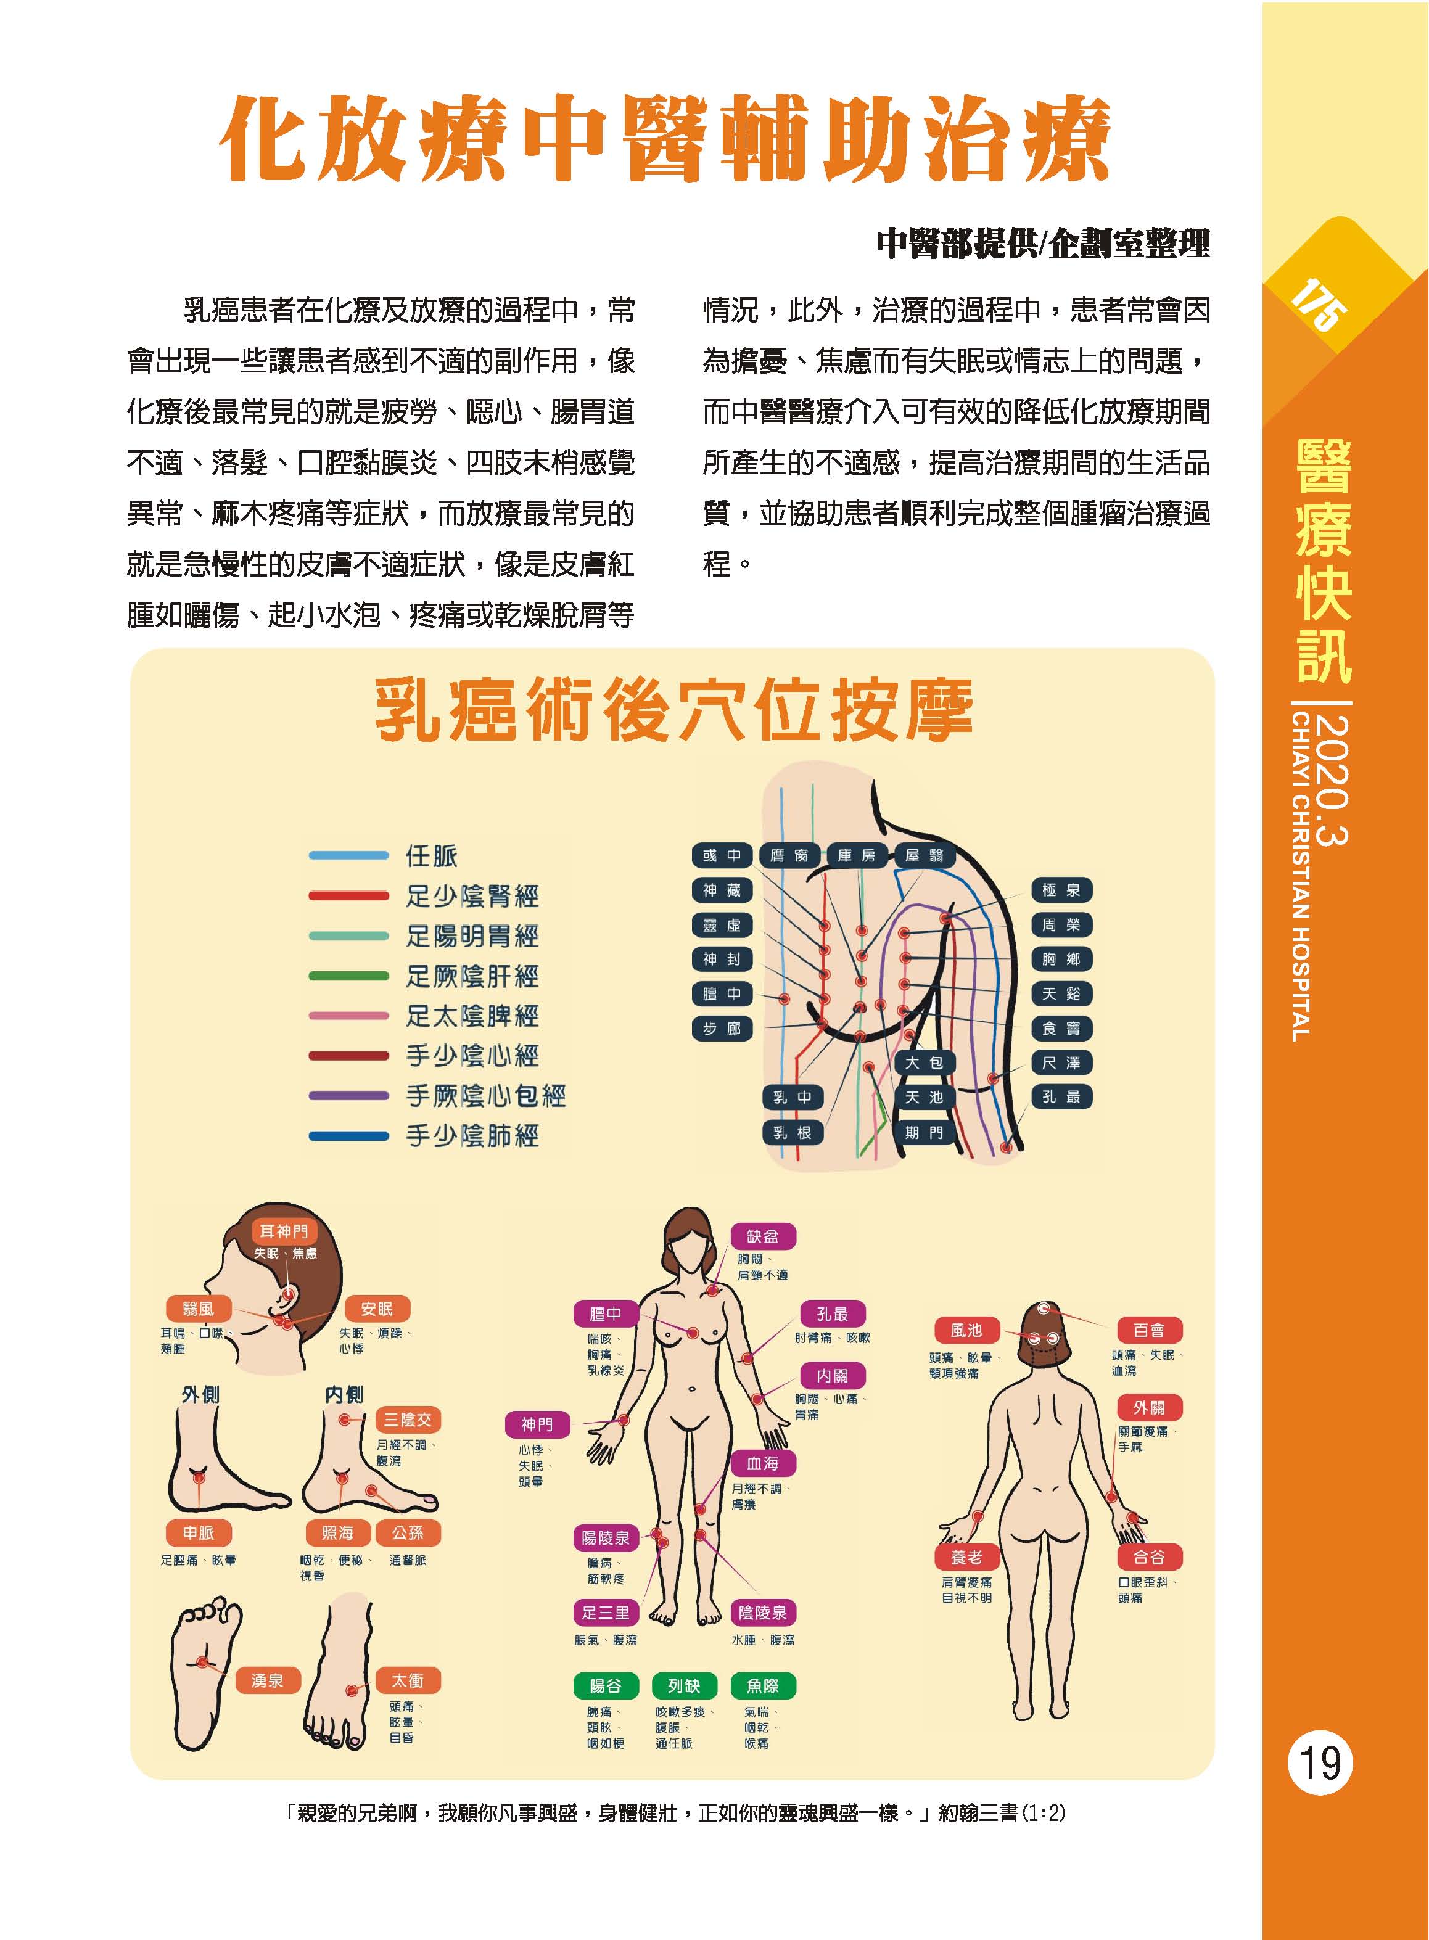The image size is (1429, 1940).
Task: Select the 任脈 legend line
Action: [x=348, y=855]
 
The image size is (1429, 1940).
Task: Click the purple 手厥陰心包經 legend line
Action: [x=348, y=1096]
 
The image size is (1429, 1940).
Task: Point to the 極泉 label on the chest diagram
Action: [x=1061, y=890]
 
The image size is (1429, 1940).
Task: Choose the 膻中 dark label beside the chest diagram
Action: [x=722, y=994]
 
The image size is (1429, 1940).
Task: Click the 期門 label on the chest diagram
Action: [x=924, y=1132]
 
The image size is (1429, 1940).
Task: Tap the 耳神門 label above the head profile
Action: [x=284, y=1231]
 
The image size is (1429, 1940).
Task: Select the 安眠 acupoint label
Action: [x=376, y=1309]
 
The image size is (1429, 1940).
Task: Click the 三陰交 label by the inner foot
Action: [x=408, y=1420]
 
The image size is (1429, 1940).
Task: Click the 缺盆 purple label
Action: [x=763, y=1236]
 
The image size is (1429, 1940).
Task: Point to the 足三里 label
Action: [x=606, y=1612]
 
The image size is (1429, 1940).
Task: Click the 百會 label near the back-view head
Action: [x=1149, y=1330]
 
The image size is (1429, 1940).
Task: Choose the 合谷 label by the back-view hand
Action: [x=1149, y=1557]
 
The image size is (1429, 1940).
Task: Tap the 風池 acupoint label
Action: [x=966, y=1330]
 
